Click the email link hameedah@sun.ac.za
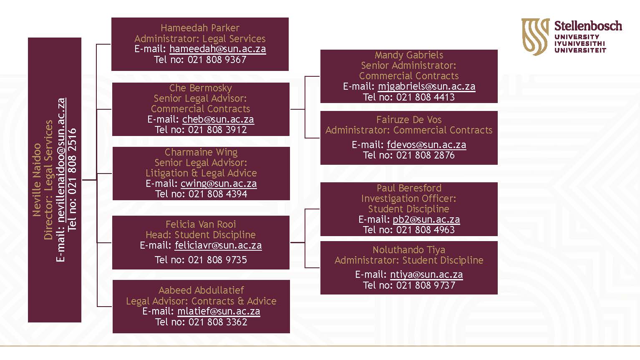(x=218, y=49)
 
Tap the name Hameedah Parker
(x=200, y=28)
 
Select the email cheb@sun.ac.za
(x=218, y=119)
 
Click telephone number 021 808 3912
(x=217, y=130)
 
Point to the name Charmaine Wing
(x=201, y=152)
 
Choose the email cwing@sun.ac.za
(x=219, y=184)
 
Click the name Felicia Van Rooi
(x=201, y=224)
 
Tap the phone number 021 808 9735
(x=217, y=260)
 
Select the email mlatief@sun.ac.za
(x=219, y=311)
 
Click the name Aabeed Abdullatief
(x=201, y=290)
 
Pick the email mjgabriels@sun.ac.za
(x=426, y=87)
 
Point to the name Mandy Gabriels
(x=409, y=55)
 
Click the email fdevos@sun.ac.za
(x=426, y=145)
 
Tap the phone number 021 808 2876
(x=426, y=155)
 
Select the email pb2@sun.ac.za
(x=426, y=219)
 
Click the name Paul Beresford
(x=409, y=188)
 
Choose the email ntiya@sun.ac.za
(x=426, y=274)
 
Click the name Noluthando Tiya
(x=409, y=250)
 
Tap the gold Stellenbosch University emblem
(x=536, y=37)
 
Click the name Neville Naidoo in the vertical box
(x=37, y=180)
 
